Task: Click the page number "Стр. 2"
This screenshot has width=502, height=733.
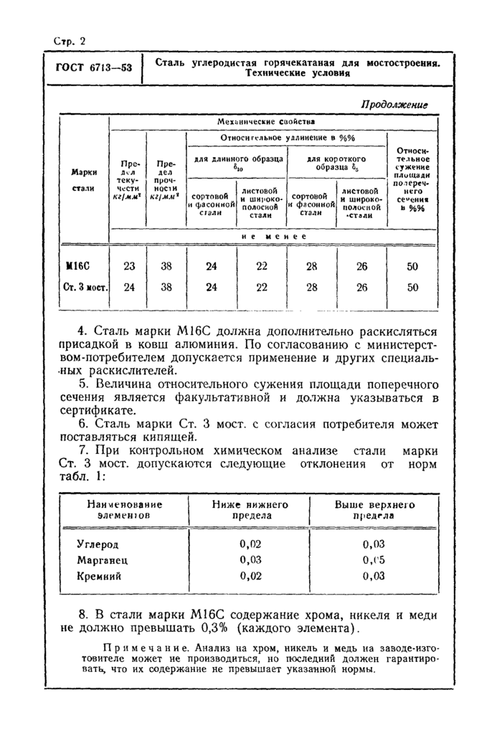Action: pos(70,41)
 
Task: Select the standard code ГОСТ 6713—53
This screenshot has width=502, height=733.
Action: pos(93,68)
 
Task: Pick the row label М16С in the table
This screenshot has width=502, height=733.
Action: pos(80,266)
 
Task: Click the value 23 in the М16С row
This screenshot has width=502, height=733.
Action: pos(128,266)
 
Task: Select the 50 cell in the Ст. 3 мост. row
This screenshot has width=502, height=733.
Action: pos(412,288)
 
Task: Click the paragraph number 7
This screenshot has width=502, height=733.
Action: pos(83,450)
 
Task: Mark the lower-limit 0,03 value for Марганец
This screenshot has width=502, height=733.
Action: pos(250,559)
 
